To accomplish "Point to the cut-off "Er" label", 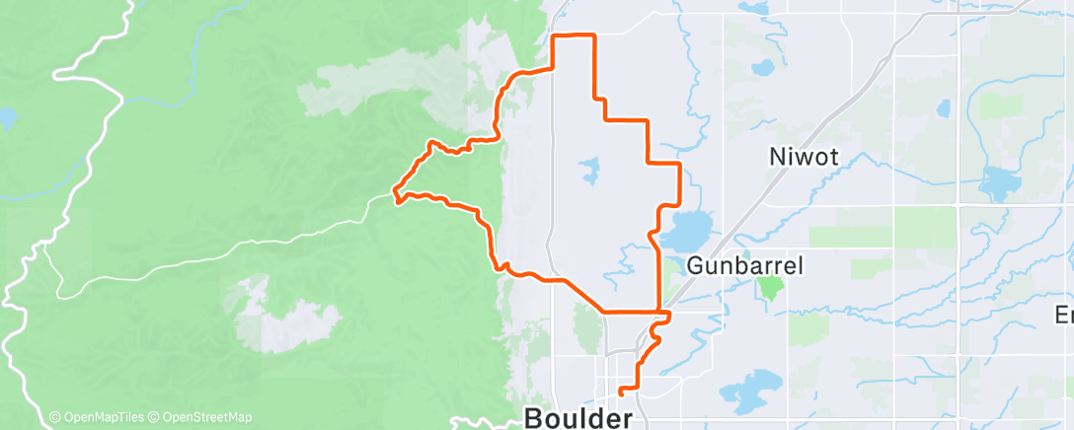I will pos(1064,315).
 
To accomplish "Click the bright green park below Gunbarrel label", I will pos(769,287).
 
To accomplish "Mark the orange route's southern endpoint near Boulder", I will pos(619,393).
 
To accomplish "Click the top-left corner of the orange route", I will pos(552,36).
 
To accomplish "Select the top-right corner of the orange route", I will pos(594,36).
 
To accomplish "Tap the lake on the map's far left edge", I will pos(7,119).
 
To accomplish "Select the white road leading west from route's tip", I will pos(247,242).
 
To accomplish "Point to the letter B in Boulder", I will pos(535,418).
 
